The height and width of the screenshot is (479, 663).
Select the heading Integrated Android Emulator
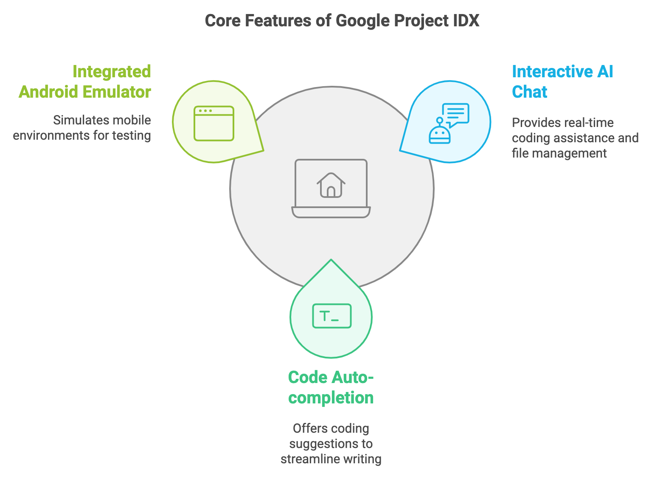(x=85, y=82)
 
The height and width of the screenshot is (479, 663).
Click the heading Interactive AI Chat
(x=562, y=82)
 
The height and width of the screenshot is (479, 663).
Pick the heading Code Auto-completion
(x=331, y=387)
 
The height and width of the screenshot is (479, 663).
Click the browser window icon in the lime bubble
(x=214, y=123)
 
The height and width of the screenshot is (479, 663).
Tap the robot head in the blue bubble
(x=439, y=135)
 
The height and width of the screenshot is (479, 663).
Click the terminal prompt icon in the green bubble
(x=332, y=316)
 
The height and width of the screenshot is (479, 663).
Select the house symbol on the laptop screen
(x=331, y=185)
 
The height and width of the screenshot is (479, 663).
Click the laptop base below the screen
(x=331, y=212)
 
